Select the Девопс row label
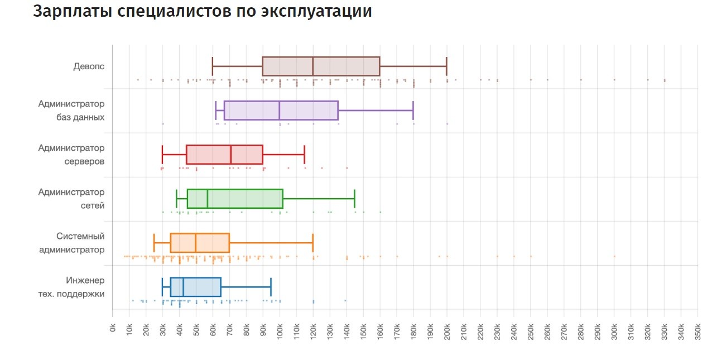coord(89,66)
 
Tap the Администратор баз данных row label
coord(71,111)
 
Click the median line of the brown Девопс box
coord(312,66)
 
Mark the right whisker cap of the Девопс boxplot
coord(446,66)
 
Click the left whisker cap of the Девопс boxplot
coord(213,66)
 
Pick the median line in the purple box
coord(279,111)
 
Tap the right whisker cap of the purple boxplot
coord(413,111)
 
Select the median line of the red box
coord(230,155)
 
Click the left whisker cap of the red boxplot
coord(162,155)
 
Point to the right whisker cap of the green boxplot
coord(354,199)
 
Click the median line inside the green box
coord(207,199)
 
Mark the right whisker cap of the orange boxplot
coord(312,243)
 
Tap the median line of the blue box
coord(183,287)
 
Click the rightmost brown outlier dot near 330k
coord(665,80)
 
